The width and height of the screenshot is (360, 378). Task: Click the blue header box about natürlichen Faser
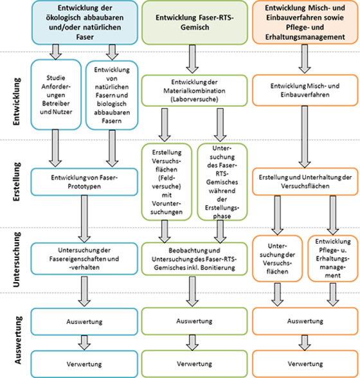pos(85,22)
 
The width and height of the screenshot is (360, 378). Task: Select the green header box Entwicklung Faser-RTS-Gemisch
pos(195,22)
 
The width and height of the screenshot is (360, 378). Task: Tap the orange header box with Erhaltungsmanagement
pos(305,22)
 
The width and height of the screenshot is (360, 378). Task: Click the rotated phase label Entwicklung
pos(17,102)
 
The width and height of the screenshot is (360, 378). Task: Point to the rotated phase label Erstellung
pos(17,181)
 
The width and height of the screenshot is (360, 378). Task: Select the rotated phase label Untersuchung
pos(17,260)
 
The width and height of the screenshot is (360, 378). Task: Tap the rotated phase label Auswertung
pos(18,340)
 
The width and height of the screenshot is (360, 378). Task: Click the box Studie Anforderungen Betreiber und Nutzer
pos(56,94)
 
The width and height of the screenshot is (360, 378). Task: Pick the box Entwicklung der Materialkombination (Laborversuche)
pos(194,91)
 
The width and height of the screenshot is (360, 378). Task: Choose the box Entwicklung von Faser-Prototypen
pos(84,182)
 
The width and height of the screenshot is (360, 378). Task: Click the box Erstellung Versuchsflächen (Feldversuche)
pos(166,182)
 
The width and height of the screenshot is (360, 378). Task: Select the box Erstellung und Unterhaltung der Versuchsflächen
pos(305,181)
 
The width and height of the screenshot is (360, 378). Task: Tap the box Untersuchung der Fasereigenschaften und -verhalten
pos(84,258)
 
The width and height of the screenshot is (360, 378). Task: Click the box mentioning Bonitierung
pos(194,259)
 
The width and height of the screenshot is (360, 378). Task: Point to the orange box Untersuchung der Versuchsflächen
pos(277,258)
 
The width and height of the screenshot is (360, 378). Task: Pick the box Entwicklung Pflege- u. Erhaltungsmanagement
pos(333,258)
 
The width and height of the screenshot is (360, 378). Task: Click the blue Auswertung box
pos(84,321)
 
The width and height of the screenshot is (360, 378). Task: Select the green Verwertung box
pos(194,364)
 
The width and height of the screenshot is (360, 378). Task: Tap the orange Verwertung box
pos(305,364)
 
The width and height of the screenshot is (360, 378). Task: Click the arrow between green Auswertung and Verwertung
pos(192,343)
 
